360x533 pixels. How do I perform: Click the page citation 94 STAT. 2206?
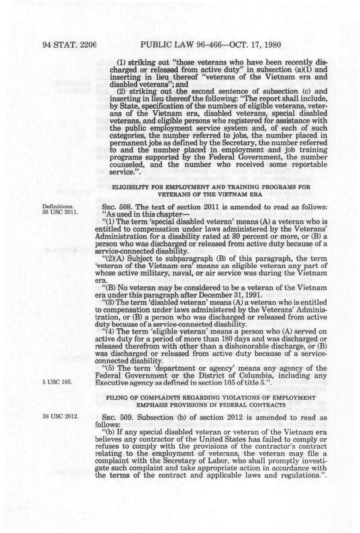70,45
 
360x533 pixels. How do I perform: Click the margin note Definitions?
57,207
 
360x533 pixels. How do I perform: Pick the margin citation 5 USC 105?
57,382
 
